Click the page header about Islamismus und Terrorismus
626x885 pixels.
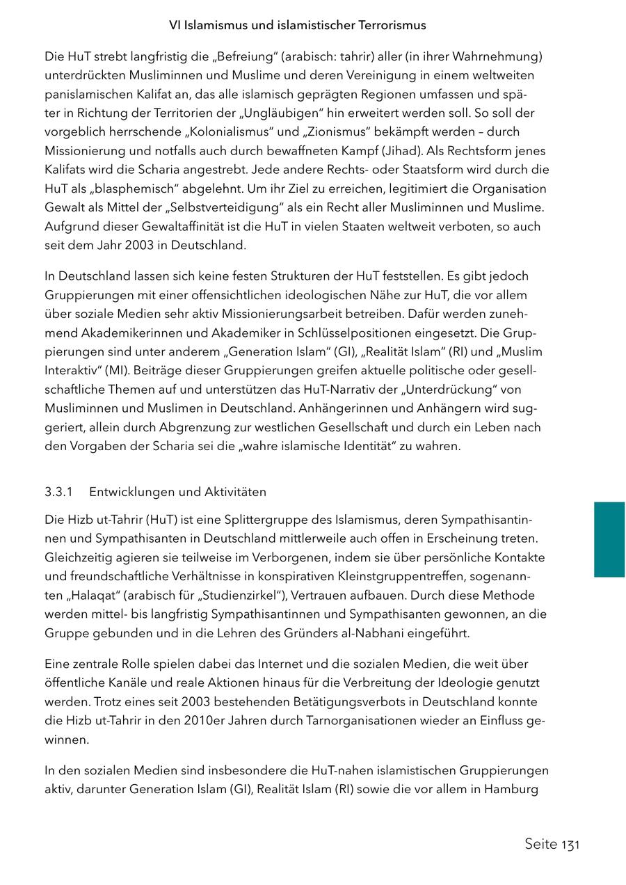pyautogui.click(x=298, y=25)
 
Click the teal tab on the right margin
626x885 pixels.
pyautogui.click(x=609, y=539)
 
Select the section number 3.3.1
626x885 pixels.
pyautogui.click(x=59, y=492)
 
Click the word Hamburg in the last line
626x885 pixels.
pyautogui.click(x=512, y=789)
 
